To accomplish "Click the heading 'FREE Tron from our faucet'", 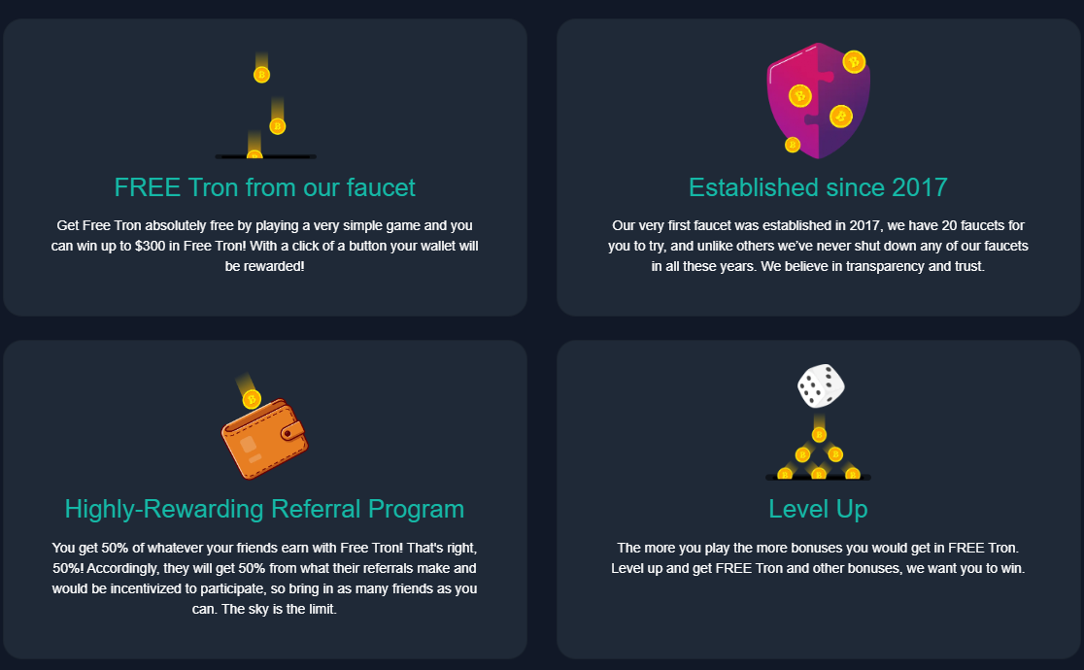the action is [265, 187].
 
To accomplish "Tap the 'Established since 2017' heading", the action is [818, 187].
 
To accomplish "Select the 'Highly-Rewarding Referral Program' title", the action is [265, 510].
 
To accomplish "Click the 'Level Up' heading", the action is [818, 510].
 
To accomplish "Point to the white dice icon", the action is [821, 385].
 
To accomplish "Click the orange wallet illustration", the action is [265, 439].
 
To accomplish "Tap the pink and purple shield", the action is [819, 101].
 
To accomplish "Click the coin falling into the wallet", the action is [252, 399].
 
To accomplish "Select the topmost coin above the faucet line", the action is [261, 74].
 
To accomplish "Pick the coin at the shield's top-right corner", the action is [854, 62].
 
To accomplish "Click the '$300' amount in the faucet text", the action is [150, 246].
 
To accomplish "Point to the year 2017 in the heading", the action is [920, 187].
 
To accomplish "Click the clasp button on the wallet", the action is [291, 432].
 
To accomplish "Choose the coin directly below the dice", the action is [819, 434].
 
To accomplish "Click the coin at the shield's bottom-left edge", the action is [793, 145].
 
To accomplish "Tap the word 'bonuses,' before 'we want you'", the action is [874, 569].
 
